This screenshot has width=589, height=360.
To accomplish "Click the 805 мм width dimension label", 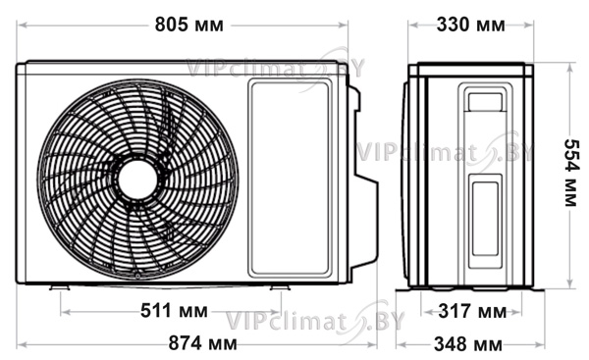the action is (x=188, y=25).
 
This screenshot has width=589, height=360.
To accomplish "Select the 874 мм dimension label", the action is (x=202, y=343).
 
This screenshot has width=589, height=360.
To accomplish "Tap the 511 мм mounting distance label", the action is (x=174, y=311).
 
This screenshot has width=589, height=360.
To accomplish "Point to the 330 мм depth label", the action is (x=470, y=25).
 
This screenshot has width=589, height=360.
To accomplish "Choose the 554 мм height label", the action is (x=572, y=173).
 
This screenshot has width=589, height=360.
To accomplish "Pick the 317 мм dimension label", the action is (x=472, y=311).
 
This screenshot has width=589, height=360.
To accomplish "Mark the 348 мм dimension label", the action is (x=468, y=344).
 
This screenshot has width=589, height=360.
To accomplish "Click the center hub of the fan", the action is (x=137, y=180).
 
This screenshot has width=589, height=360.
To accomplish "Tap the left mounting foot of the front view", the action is (x=59, y=287).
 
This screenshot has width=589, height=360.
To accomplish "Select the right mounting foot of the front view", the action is (x=280, y=287).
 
